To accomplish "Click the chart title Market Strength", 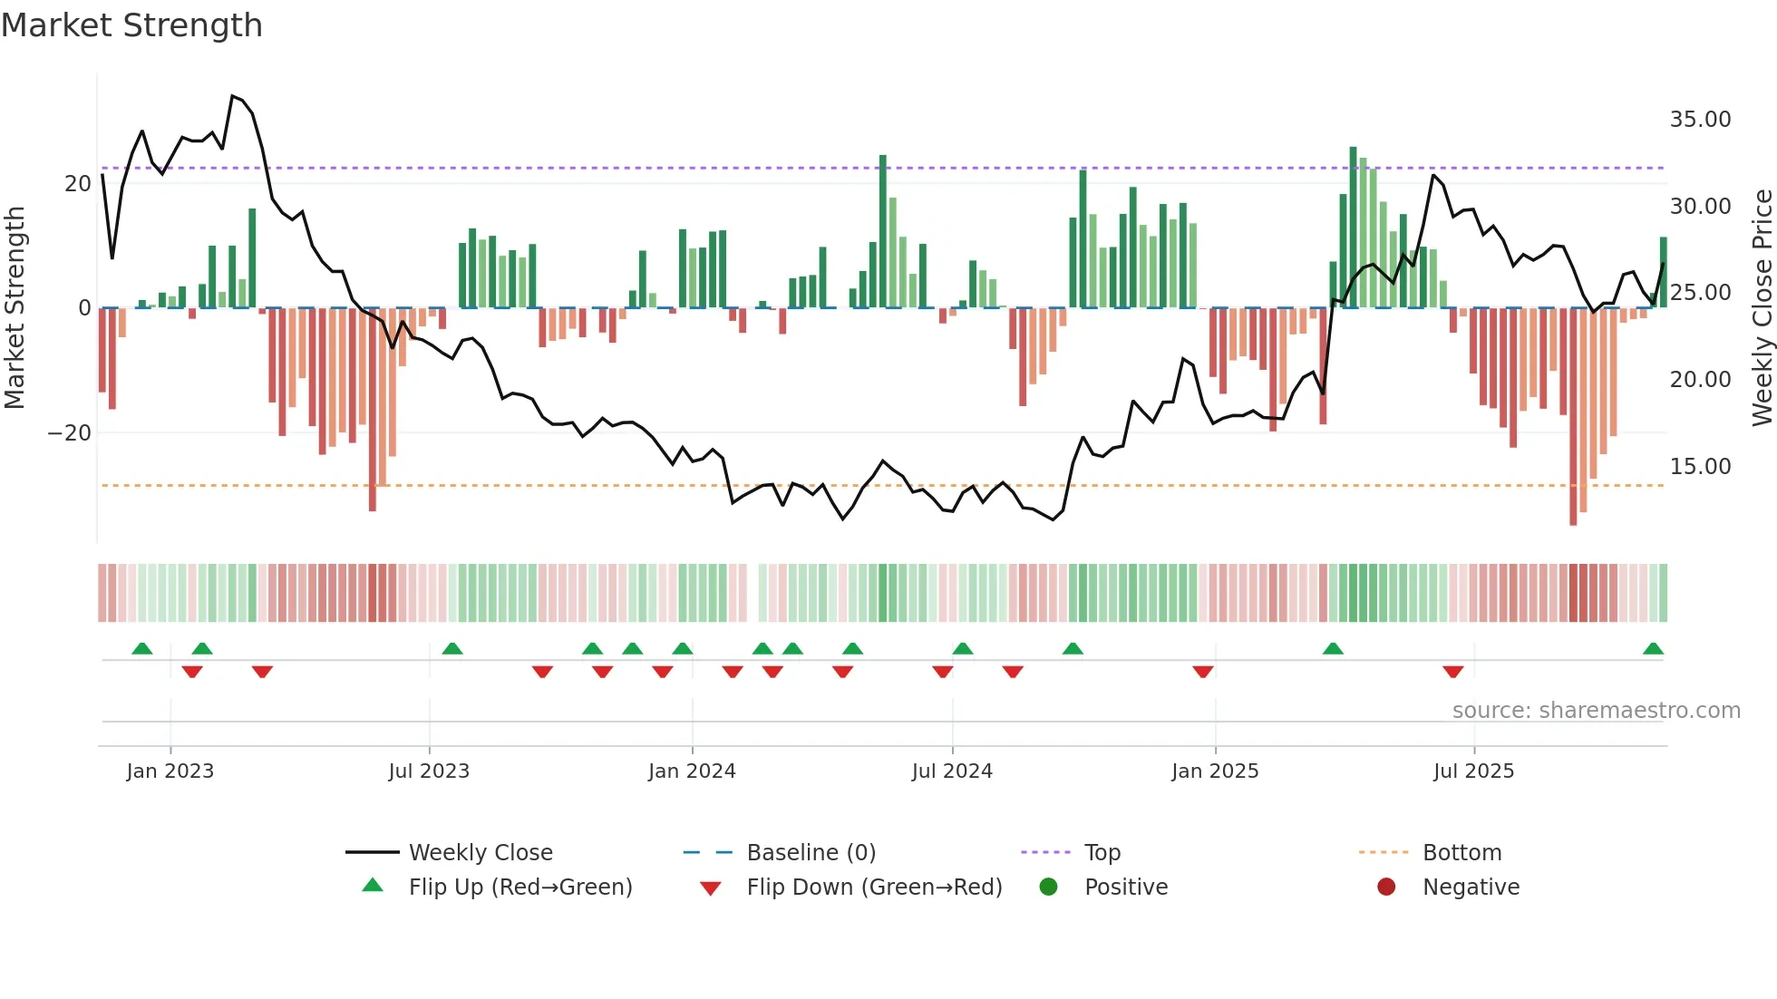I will tap(131, 25).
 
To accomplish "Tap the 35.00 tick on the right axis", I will tap(1700, 120).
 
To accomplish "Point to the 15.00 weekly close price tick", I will tap(1700, 467).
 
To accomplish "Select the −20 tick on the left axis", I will tap(70, 433).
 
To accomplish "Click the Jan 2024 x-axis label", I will tap(692, 771).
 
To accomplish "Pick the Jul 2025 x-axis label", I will tap(1473, 771).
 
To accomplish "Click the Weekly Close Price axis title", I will tap(1762, 308).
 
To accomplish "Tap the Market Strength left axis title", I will tap(15, 308).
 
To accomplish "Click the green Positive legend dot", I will tap(1049, 887).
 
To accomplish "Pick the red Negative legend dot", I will tap(1386, 887).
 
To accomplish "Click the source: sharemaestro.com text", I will tap(1596, 711).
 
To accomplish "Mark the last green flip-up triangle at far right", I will tap(1653, 649).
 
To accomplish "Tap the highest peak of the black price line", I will tap(233, 96).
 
